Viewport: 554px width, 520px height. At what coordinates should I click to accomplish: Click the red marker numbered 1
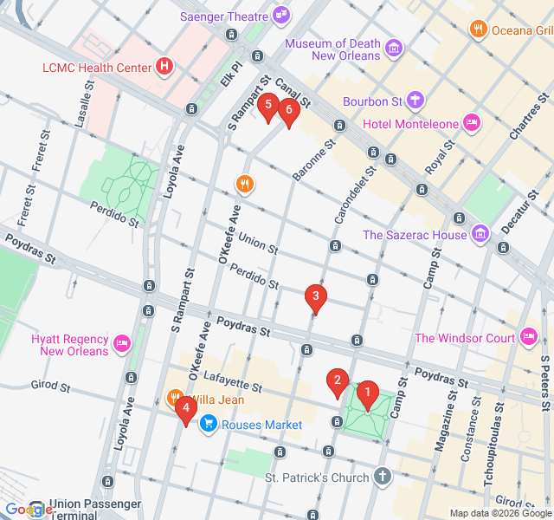(367, 394)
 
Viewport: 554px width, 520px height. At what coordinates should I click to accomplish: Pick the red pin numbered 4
(184, 408)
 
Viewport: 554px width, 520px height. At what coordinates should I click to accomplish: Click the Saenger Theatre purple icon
(281, 15)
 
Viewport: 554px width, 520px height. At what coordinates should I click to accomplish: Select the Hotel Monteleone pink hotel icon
(472, 123)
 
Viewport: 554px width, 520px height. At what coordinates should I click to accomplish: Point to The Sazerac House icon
(481, 234)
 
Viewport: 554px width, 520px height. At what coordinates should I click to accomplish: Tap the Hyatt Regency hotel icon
(122, 344)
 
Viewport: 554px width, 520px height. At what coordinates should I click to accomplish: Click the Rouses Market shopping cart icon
(208, 424)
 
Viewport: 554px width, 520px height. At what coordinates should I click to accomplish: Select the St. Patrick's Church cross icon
(383, 478)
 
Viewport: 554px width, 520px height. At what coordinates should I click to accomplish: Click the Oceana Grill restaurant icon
(478, 30)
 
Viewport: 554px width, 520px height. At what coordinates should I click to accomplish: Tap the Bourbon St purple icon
(415, 101)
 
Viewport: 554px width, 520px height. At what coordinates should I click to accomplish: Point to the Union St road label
(257, 244)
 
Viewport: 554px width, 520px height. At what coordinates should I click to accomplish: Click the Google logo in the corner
(28, 510)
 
